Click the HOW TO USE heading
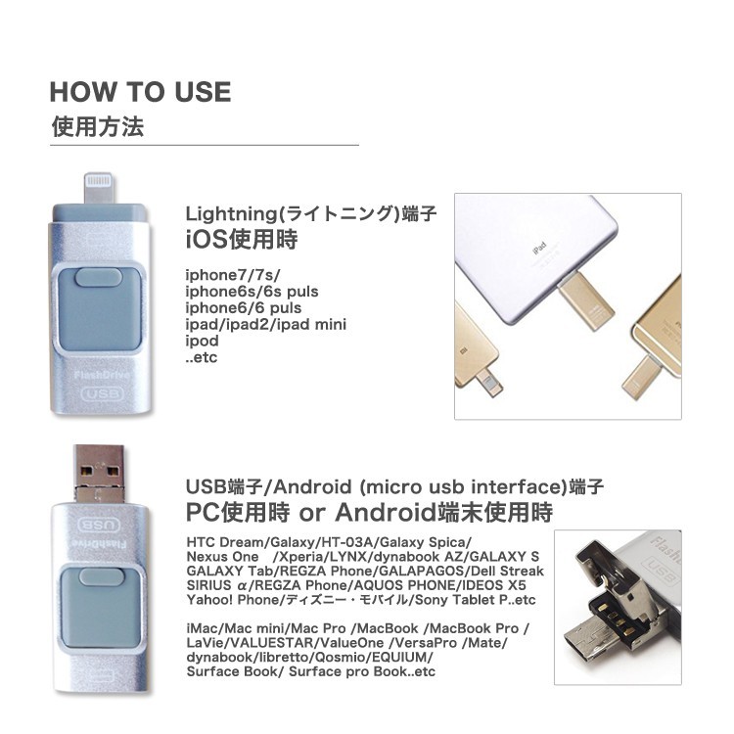pos(140,92)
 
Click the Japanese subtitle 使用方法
pos(98,127)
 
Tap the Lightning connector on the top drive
pos(101,188)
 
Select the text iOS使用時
pos(242,240)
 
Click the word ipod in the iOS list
pos(203,341)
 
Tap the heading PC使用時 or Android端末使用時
pos(369,512)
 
